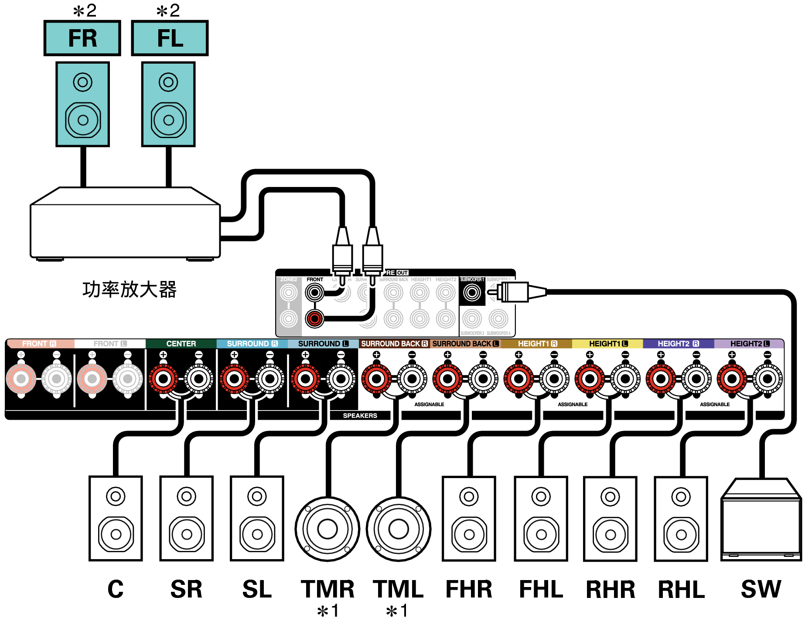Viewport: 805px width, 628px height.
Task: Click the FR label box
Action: [x=82, y=38]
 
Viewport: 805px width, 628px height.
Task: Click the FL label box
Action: [x=170, y=38]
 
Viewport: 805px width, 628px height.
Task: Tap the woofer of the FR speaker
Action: [x=83, y=120]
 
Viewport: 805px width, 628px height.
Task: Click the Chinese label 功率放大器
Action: [x=130, y=289]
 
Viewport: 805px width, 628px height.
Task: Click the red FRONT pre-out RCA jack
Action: [x=314, y=319]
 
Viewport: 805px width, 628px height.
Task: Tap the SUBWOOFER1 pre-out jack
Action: [x=471, y=292]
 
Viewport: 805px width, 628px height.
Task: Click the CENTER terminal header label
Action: [x=181, y=343]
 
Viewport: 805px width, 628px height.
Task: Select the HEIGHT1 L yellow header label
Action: [x=608, y=343]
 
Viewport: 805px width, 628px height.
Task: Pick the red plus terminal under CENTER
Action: [x=163, y=378]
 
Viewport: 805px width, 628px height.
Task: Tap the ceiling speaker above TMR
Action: [x=327, y=529]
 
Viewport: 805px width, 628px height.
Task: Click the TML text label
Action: [x=398, y=589]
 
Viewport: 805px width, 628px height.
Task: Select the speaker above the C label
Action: [x=116, y=519]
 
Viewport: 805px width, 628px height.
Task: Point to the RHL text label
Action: [x=681, y=590]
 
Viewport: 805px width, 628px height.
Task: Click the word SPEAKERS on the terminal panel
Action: [x=360, y=415]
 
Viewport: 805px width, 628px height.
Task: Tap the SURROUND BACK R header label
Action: [x=394, y=343]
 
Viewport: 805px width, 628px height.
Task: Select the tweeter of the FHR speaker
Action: [x=469, y=496]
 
